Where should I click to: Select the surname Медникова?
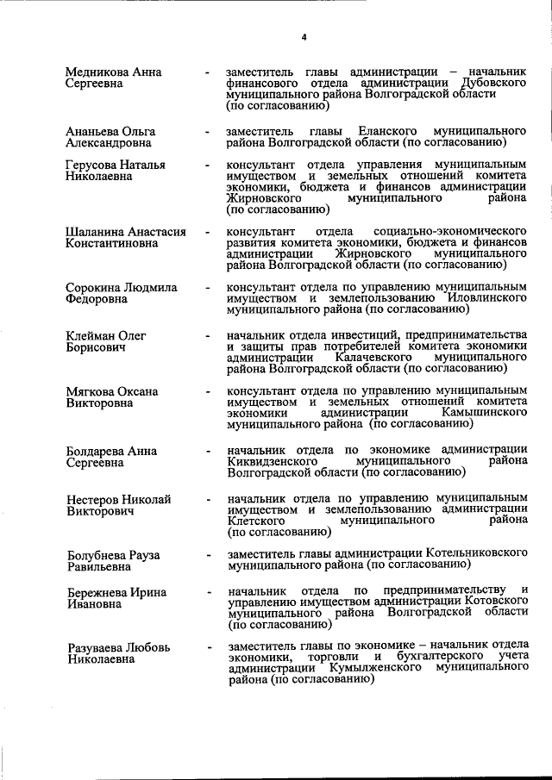click(x=97, y=72)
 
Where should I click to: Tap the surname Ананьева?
click(x=92, y=131)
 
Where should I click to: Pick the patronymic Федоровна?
click(x=97, y=299)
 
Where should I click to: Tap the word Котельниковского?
click(x=475, y=553)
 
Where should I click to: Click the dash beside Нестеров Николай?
click(x=207, y=499)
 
